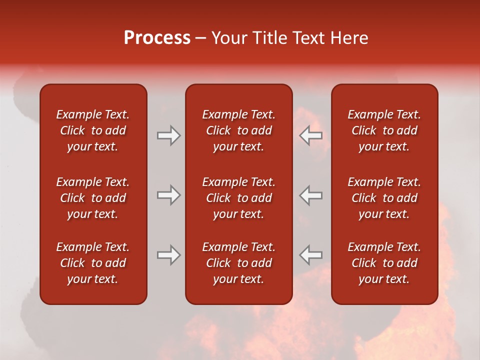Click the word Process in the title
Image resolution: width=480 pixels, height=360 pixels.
[x=157, y=38]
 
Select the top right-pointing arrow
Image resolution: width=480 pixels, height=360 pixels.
[x=168, y=135]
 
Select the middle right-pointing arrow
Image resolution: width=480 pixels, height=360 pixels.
[x=168, y=195]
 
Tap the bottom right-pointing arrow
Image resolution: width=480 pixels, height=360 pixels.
[x=168, y=255]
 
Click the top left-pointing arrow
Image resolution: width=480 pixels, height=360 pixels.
[x=311, y=135]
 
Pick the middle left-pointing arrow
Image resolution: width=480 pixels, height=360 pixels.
[x=311, y=195]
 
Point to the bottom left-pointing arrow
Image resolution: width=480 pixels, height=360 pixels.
[x=311, y=255]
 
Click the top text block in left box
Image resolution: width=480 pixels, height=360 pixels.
[x=93, y=130]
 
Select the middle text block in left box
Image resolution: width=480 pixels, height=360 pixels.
[x=93, y=198]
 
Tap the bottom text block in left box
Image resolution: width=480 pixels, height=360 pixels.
[x=93, y=263]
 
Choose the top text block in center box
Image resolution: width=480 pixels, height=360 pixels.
[x=238, y=130]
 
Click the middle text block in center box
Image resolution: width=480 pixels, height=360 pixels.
[x=238, y=198]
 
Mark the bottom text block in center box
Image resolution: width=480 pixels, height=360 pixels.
[x=238, y=263]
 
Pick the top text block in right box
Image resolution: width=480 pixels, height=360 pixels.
[x=384, y=130]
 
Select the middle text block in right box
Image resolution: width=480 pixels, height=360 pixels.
[x=384, y=198]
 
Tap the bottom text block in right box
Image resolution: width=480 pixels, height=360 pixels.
[x=384, y=263]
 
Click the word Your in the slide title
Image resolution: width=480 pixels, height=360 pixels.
[x=229, y=38]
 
